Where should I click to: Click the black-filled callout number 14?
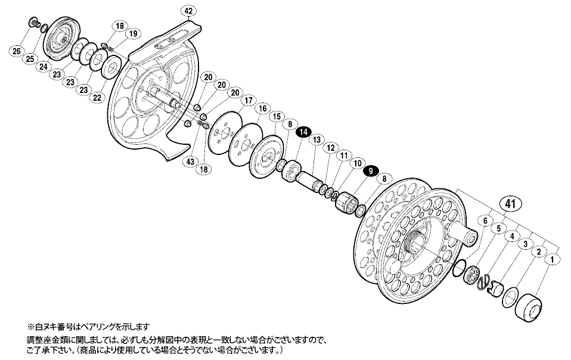(304, 132)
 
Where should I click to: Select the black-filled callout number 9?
(371, 170)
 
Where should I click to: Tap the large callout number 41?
(510, 204)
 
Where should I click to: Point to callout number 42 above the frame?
(188, 11)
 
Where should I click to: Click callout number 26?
(17, 51)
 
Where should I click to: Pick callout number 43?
(190, 161)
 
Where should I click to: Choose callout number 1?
(552, 260)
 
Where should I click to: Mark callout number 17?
(249, 101)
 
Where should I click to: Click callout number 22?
(97, 97)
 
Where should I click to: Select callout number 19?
(133, 34)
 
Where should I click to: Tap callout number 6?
(485, 221)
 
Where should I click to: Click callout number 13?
(317, 139)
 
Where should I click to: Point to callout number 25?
(30, 58)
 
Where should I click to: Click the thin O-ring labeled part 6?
(460, 268)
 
